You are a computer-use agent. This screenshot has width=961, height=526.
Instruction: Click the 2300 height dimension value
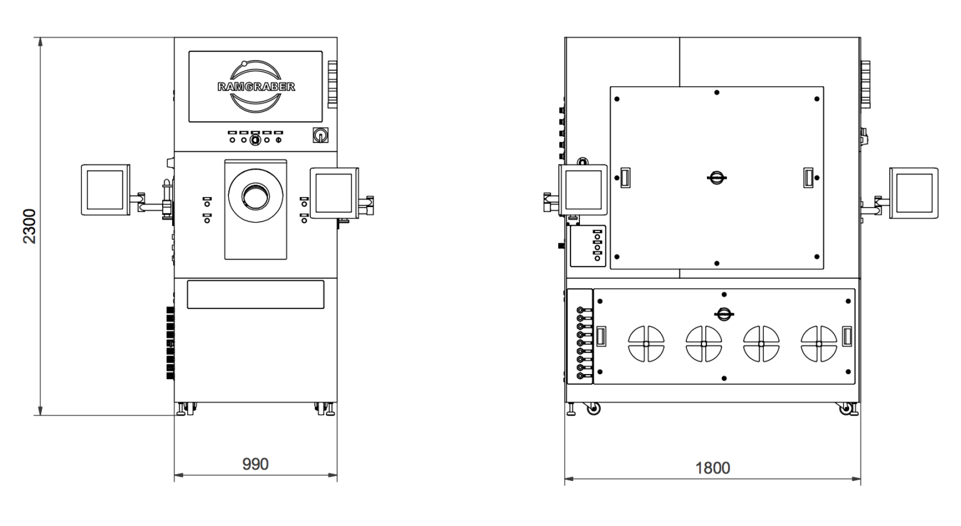(29, 226)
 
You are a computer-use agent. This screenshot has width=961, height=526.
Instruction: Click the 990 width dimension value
(255, 464)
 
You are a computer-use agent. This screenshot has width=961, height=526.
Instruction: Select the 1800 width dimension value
(713, 468)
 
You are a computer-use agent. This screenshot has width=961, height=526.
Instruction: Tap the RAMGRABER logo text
(256, 87)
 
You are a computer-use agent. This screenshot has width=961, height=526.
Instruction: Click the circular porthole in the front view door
(255, 196)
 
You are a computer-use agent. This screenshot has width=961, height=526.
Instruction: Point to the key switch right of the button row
(320, 135)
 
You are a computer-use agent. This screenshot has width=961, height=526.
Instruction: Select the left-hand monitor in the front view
(105, 190)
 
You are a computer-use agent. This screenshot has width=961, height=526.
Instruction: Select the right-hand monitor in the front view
(334, 193)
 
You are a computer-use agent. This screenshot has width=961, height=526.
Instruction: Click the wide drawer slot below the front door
(255, 295)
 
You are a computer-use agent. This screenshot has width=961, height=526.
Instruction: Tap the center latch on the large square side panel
(717, 178)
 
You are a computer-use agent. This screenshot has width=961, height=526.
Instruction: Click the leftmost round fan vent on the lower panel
(646, 344)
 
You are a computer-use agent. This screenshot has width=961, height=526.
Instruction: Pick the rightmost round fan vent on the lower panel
(819, 344)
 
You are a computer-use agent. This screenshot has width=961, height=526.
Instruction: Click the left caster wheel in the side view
(592, 409)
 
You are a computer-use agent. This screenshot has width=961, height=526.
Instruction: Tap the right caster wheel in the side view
(847, 410)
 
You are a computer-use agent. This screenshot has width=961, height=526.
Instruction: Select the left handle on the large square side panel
(624, 178)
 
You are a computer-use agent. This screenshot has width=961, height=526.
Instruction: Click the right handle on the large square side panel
(808, 178)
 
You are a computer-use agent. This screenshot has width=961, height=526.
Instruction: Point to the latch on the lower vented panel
(724, 315)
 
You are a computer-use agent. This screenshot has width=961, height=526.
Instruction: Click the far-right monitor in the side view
(913, 193)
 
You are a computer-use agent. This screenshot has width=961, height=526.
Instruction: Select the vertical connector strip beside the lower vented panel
(580, 343)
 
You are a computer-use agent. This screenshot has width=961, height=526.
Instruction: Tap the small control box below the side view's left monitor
(588, 246)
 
